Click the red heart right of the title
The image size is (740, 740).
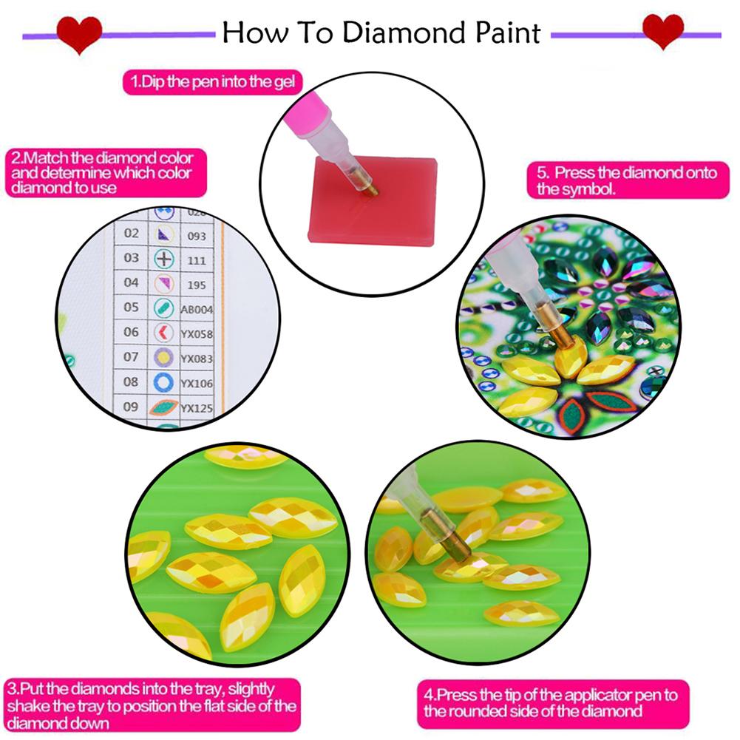662,32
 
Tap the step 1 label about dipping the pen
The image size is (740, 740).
212,82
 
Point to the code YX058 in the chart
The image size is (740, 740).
197,334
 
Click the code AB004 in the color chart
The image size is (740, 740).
197,309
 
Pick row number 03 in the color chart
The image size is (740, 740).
131,258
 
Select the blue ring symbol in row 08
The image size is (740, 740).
163,382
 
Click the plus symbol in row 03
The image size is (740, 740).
163,259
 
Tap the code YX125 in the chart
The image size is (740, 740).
197,407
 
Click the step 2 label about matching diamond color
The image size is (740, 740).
101,173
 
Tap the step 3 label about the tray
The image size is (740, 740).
151,705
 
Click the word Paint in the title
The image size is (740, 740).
507,33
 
